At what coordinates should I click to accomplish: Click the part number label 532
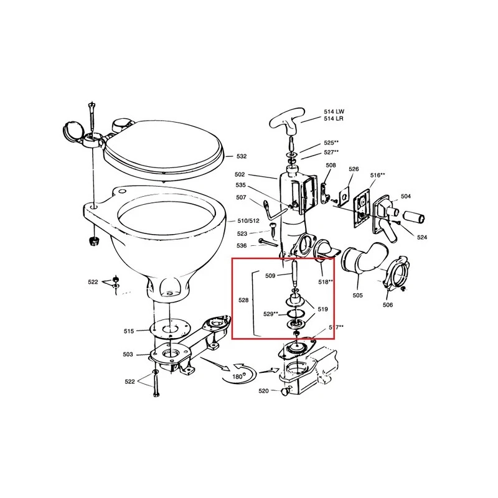(242, 156)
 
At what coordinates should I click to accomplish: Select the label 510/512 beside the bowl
(248, 221)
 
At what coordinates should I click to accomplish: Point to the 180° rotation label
(238, 377)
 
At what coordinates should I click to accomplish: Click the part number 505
(357, 295)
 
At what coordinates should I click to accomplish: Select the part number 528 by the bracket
(243, 300)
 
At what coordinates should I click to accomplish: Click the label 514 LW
(334, 112)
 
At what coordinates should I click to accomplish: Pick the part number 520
(263, 391)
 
